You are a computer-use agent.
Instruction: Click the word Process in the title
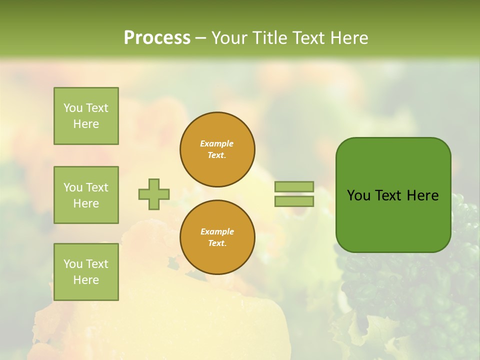tap(157, 38)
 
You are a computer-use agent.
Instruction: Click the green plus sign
tap(154, 194)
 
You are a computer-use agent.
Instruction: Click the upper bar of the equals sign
tap(294, 187)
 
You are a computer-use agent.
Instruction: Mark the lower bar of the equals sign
tap(294, 201)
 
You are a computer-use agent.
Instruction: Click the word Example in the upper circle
tap(217, 143)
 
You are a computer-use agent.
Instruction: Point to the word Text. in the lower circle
tap(217, 243)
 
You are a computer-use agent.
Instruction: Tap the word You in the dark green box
tap(358, 195)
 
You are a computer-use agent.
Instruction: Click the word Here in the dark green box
tap(422, 195)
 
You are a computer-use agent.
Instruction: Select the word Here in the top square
tap(86, 124)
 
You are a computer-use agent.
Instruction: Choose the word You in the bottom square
tap(72, 264)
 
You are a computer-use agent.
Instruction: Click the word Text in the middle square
tap(96, 187)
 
